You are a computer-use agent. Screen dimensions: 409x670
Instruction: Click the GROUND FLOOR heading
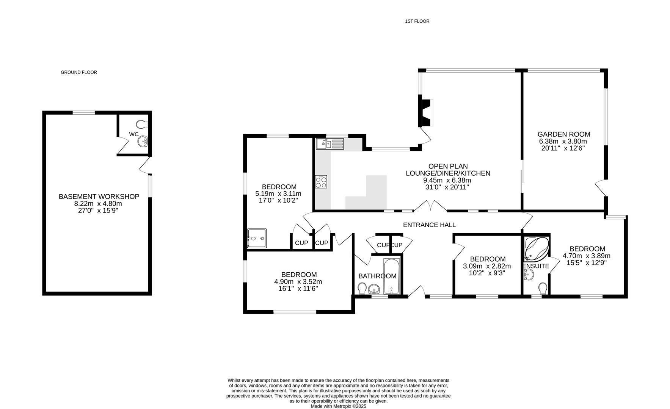point(79,72)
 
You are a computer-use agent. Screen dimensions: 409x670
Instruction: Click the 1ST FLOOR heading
point(417,22)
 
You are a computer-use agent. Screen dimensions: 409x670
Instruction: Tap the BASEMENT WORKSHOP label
point(99,197)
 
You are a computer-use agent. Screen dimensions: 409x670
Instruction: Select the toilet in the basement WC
point(142,124)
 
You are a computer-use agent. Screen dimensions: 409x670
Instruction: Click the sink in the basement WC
point(143,142)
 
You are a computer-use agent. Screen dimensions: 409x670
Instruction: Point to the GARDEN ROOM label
point(563,134)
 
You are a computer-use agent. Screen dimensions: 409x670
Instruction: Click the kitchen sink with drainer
point(330,144)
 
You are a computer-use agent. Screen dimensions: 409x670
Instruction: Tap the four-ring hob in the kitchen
point(321,182)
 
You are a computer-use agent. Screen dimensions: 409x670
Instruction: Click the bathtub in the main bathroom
point(391,277)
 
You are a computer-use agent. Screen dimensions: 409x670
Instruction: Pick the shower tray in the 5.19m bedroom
point(257,238)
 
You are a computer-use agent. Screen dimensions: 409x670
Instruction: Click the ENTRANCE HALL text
point(429,225)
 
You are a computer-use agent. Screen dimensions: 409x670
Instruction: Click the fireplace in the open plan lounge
point(426,113)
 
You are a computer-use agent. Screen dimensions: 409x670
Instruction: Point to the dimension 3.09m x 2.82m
point(487,266)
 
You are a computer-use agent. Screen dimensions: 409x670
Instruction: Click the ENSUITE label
point(536,266)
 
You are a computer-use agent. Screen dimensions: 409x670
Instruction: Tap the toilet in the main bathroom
point(361,289)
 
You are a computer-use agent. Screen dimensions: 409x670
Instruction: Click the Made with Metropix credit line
point(338,406)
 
